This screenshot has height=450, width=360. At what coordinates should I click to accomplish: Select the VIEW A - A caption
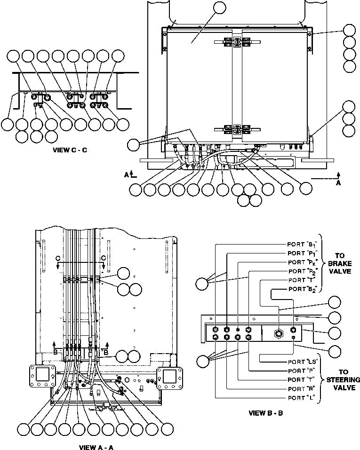tap(96, 447)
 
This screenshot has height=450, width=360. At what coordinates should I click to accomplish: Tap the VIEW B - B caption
tap(266, 413)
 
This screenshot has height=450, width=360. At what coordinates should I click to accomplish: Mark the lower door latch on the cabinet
tap(234, 130)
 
